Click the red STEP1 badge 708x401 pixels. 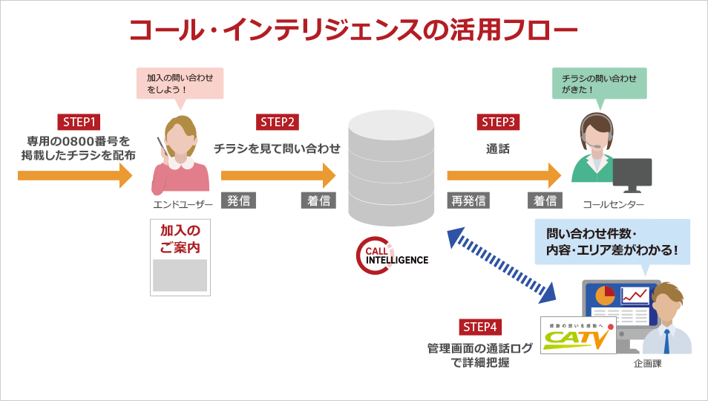[x=79, y=123]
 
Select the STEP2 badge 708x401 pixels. [x=278, y=123]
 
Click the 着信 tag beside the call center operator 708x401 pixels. [x=544, y=200]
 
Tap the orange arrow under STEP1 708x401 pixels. [x=74, y=176]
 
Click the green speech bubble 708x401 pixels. [x=599, y=82]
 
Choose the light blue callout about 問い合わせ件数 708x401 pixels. [x=612, y=241]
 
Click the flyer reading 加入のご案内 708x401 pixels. [x=180, y=257]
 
